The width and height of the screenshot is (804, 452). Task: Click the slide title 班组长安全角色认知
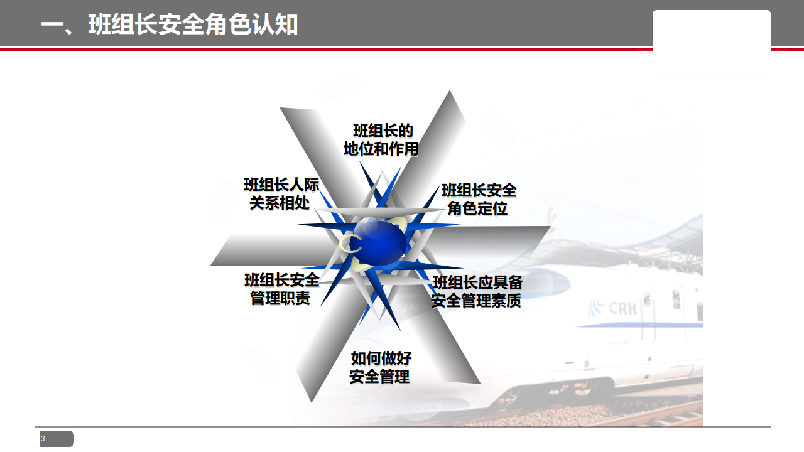170,24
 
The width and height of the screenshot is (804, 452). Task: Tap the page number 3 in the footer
43,438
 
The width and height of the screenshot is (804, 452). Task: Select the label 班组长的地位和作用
381,140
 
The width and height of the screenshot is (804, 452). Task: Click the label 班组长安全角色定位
479,200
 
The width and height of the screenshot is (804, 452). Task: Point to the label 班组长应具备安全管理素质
477,292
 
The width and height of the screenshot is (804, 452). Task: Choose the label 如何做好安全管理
381,367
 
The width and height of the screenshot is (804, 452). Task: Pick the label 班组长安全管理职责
281,289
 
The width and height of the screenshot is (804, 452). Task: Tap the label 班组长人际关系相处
281,194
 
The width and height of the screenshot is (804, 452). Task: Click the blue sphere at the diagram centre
380,242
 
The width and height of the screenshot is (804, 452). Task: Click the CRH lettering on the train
622,308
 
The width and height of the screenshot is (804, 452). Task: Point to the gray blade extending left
273,250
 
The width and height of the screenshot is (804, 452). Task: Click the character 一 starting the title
52,26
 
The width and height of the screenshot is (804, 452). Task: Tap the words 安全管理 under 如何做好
380,377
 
